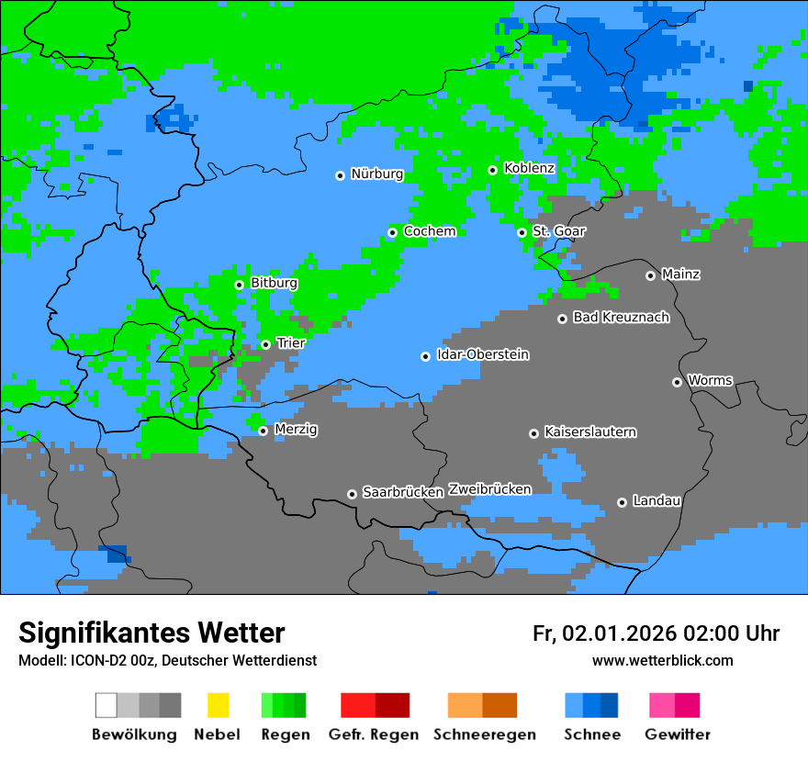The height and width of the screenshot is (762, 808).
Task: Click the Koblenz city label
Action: tap(529, 168)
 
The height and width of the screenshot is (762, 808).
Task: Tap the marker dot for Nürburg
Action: tap(340, 174)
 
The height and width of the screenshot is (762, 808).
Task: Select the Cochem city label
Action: tap(430, 231)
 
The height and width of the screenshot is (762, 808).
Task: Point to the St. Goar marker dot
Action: tap(522, 232)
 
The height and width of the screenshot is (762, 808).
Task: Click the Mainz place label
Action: tap(680, 275)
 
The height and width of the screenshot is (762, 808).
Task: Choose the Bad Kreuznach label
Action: tap(621, 318)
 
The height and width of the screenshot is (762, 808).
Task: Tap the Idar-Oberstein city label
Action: tap(483, 355)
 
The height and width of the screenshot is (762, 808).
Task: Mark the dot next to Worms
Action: tap(677, 382)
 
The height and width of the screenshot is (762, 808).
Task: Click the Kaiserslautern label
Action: tap(590, 432)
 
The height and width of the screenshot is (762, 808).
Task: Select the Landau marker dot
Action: tap(622, 502)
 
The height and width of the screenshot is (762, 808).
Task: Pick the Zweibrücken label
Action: tap(489, 489)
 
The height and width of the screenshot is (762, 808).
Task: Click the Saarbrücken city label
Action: tap(403, 493)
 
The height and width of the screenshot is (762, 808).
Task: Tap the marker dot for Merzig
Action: tap(263, 431)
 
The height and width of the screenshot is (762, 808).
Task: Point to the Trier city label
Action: tap(291, 343)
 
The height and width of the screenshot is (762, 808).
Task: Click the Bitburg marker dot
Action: tap(239, 285)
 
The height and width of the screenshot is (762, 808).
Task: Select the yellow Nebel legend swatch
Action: tap(218, 705)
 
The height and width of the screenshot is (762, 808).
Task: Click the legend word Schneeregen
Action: tap(483, 734)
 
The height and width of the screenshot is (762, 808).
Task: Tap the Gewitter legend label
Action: tap(677, 734)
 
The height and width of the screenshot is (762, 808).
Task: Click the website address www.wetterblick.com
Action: tap(662, 661)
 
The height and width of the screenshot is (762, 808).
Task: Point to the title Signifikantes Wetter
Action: tap(151, 633)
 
